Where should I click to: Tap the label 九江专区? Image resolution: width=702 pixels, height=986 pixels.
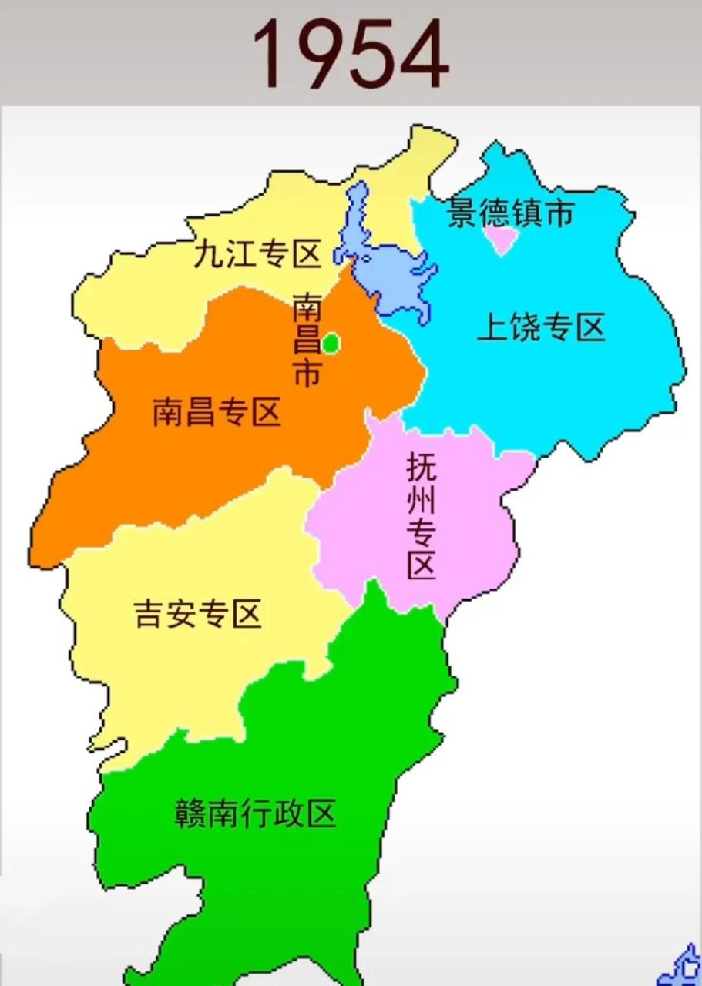256,254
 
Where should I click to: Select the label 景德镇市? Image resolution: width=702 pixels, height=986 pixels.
511,213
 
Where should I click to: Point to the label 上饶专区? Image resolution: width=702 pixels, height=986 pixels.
541,328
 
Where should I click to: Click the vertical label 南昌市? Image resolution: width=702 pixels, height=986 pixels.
307,339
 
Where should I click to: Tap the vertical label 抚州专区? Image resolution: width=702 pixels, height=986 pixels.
421,516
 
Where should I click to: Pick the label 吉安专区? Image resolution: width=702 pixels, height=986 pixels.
198,614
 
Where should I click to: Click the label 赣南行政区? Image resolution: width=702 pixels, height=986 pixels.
255,813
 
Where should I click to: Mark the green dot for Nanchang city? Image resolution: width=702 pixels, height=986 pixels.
331,343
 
